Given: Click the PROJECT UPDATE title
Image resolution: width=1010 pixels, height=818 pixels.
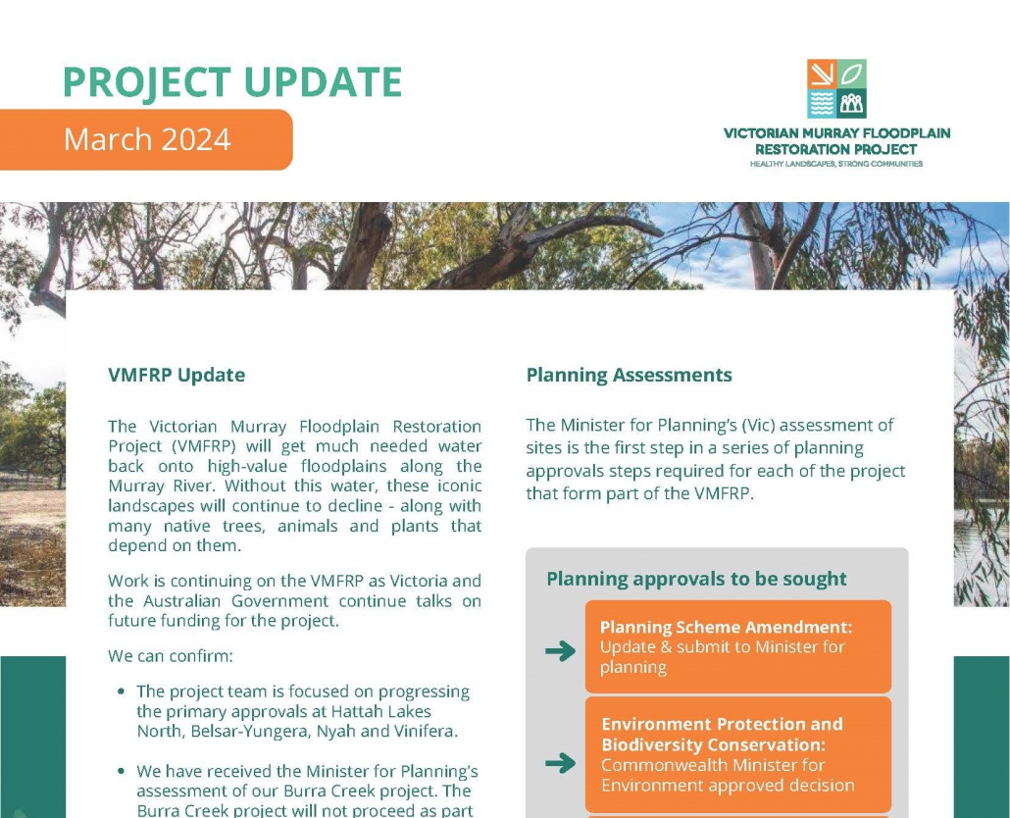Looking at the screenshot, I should click(x=232, y=82).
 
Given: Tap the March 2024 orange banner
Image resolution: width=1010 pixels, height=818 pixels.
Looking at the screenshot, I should click(x=147, y=139).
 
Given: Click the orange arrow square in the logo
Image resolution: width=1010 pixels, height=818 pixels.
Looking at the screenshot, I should click(x=822, y=74).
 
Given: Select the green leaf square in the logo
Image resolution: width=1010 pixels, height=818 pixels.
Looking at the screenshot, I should click(x=852, y=74).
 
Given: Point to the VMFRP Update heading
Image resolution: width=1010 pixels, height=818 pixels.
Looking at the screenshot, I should click(x=177, y=375).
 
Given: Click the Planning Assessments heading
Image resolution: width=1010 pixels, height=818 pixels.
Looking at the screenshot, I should click(x=629, y=375).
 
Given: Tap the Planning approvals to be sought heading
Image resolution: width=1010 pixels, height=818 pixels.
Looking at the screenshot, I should click(x=696, y=579).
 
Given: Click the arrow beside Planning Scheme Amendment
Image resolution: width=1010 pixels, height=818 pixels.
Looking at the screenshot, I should click(x=560, y=650).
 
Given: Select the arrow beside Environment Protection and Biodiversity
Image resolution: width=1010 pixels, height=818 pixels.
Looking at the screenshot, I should click(x=560, y=763).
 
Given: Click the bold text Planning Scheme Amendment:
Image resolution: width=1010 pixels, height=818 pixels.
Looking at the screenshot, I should click(x=726, y=627).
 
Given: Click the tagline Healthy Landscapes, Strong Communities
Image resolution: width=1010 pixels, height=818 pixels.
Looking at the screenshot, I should click(x=835, y=164).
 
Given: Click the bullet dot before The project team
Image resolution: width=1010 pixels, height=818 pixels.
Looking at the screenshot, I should click(x=121, y=691).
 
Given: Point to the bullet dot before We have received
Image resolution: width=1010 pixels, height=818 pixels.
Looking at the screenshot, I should click(x=121, y=772).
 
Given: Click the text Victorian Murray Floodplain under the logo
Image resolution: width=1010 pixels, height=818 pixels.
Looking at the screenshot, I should click(x=835, y=133).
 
